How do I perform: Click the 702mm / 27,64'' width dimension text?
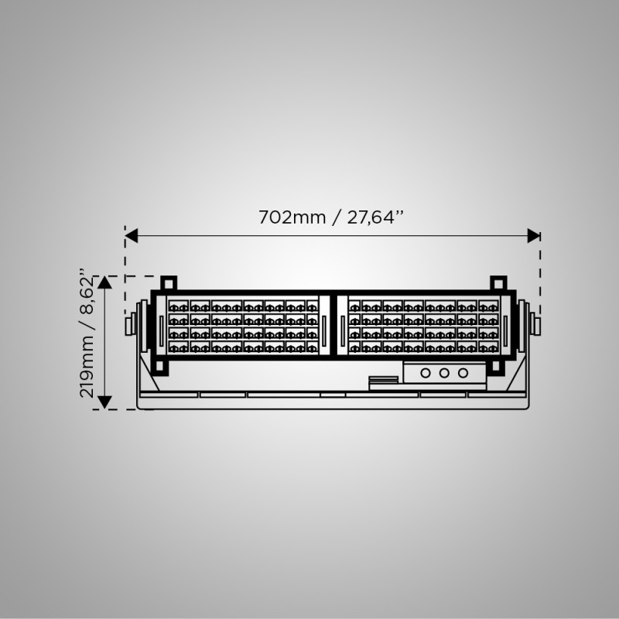pyautogui.click(x=331, y=217)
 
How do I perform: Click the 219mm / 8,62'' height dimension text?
pyautogui.click(x=87, y=334)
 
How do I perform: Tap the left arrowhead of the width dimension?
pyautogui.click(x=132, y=236)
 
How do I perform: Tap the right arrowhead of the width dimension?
pyautogui.click(x=534, y=236)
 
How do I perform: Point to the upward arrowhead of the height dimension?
pyautogui.click(x=104, y=282)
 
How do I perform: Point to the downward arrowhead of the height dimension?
pyautogui.click(x=104, y=402)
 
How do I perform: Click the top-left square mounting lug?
pyautogui.click(x=169, y=283)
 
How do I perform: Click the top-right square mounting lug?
pyautogui.click(x=498, y=283)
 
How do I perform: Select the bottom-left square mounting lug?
pyautogui.click(x=159, y=367)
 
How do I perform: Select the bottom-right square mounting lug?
pyautogui.click(x=496, y=367)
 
